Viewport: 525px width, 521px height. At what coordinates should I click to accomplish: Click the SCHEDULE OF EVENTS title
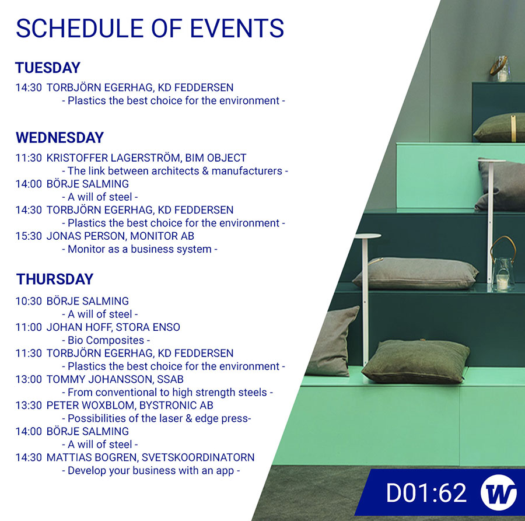(150, 28)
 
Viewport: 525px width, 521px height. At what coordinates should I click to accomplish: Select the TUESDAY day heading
(48, 68)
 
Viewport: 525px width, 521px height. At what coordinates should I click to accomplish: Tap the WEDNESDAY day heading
(60, 138)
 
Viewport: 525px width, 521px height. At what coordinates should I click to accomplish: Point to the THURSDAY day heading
(55, 279)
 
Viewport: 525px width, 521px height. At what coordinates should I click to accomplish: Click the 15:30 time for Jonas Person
(29, 236)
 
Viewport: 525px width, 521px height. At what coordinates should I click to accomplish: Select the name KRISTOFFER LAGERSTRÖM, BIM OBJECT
(146, 158)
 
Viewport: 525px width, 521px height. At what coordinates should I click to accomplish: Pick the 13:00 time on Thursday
(29, 379)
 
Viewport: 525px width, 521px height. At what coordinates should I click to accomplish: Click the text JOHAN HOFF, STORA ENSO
(113, 327)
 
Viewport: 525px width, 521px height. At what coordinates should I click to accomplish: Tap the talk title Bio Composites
(106, 340)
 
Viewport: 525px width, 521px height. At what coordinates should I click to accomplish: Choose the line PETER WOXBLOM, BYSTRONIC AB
(130, 405)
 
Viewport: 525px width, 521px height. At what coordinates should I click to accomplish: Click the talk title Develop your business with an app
(151, 470)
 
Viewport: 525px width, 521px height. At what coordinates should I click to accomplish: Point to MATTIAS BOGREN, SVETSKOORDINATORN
(150, 457)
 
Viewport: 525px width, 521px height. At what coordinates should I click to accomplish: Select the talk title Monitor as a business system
(139, 249)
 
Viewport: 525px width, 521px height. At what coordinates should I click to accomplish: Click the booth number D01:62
(426, 493)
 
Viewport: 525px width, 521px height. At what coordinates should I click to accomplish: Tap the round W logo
(498, 492)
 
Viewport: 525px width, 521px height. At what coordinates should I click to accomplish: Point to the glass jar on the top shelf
(501, 69)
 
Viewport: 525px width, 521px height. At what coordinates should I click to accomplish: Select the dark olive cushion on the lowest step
(415, 361)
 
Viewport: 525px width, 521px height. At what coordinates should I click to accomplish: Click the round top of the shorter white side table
(367, 236)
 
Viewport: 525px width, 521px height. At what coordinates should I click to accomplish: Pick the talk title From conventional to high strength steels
(167, 393)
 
